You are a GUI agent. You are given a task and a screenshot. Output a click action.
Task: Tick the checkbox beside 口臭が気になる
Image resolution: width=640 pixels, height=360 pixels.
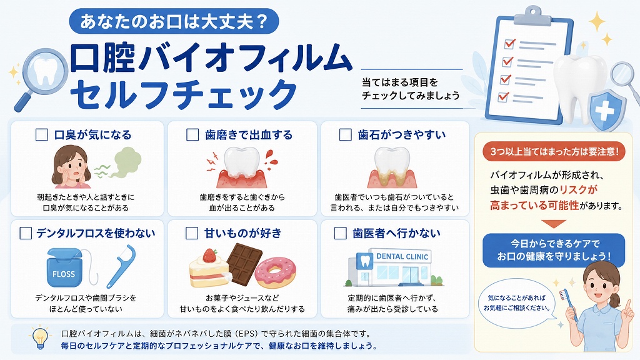tap(42, 135)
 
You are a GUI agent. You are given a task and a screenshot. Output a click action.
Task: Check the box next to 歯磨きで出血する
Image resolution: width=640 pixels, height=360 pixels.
tap(192, 135)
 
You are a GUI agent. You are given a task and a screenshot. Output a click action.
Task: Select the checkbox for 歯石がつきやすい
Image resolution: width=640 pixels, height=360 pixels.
tap(345, 135)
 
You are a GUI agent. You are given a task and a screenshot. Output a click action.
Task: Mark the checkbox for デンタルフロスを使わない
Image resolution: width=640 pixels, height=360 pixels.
tap(26, 233)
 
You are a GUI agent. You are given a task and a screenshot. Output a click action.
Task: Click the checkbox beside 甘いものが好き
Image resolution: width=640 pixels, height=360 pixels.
tap(192, 233)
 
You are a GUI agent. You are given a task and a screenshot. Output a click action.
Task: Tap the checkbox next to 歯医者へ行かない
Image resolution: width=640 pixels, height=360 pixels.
tap(341, 233)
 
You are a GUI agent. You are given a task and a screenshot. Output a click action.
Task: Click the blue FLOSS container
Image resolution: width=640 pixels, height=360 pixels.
tap(64, 267)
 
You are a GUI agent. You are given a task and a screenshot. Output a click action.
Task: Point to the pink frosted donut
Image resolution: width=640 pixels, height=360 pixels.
tap(275, 272)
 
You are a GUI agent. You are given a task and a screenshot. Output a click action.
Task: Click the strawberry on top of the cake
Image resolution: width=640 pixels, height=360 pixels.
tap(210, 255)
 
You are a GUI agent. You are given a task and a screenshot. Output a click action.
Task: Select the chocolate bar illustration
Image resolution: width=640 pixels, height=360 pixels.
tap(244, 264)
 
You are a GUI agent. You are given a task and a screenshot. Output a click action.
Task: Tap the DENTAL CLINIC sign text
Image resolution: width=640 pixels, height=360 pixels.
tap(402, 256)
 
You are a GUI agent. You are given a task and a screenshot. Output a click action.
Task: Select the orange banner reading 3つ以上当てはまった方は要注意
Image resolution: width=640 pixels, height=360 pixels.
tap(554, 152)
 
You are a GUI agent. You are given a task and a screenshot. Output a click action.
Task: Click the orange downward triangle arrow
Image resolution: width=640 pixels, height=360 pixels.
tap(554, 224)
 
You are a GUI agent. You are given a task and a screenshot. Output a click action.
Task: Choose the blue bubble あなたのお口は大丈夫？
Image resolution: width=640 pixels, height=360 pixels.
tap(174, 21)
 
